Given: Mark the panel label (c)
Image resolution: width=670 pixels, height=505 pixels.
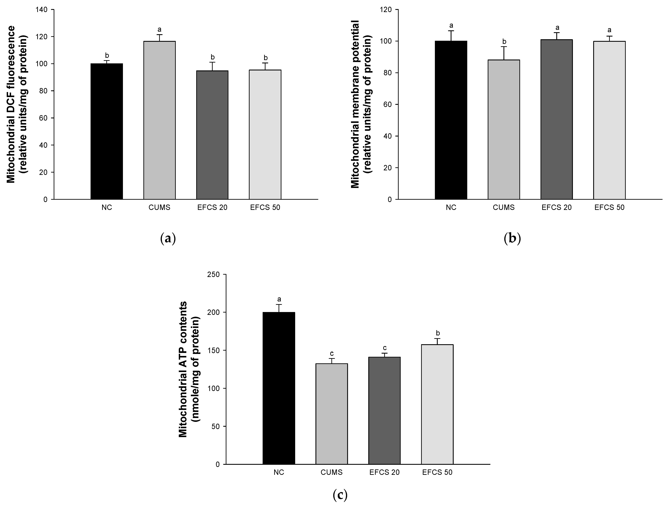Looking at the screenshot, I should pos(340,495).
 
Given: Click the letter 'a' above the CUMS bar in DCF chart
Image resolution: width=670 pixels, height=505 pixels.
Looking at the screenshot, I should pos(159,29).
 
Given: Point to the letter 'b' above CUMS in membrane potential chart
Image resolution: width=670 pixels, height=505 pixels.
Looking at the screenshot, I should pos(504,41).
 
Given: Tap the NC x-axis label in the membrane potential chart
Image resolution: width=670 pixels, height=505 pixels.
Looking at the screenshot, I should pos(451,207).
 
